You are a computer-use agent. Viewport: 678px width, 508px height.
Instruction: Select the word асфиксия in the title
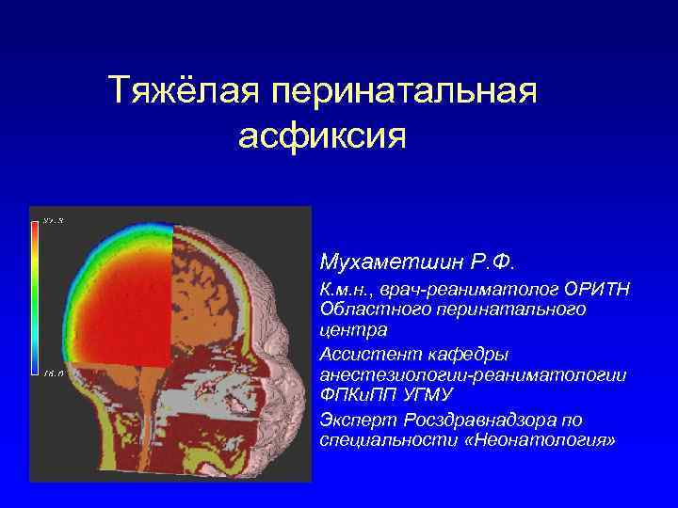point(322,136)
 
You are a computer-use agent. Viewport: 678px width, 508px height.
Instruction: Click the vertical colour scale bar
point(36,295)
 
